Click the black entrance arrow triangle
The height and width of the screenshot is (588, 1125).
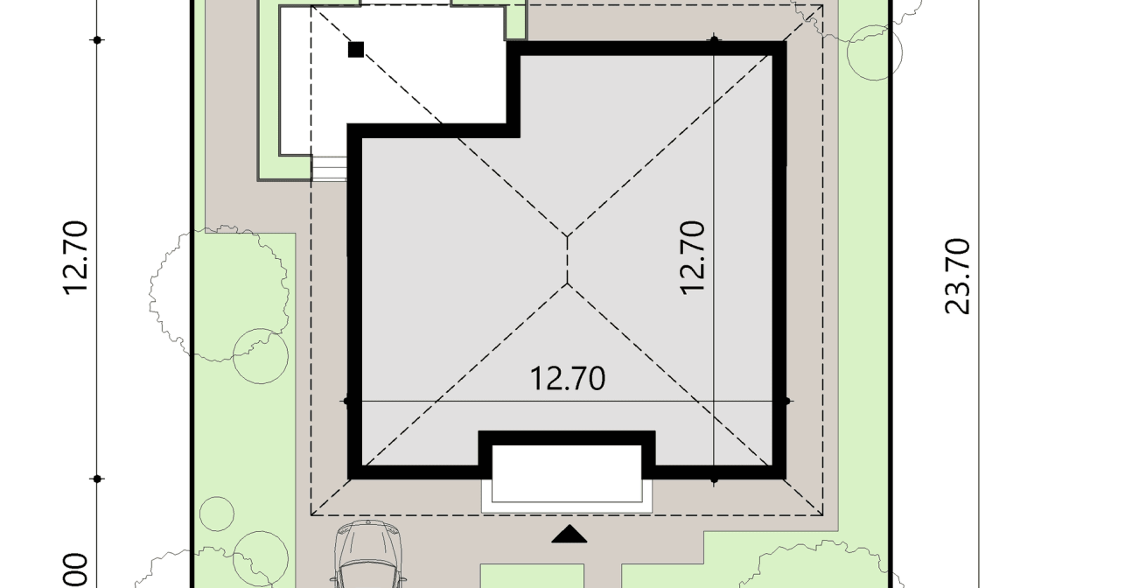tap(569, 535)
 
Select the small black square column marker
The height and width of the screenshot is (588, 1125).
tap(356, 50)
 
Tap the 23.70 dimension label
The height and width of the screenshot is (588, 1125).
tap(958, 276)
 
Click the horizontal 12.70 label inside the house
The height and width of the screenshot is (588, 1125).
tap(568, 379)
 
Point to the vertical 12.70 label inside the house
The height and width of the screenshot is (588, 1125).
tap(692, 256)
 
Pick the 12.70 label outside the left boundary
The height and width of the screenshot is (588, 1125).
tap(75, 257)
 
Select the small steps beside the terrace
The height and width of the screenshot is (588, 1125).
tap(330, 168)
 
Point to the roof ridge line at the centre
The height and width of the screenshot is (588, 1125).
tap(568, 260)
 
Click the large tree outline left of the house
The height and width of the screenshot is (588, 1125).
tap(219, 293)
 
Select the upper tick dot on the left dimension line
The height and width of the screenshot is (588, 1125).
tap(98, 40)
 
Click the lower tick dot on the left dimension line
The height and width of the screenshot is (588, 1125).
tap(98, 479)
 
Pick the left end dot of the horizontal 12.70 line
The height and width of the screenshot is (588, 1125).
tap(347, 402)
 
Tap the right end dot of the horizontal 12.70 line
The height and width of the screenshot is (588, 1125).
tap(787, 402)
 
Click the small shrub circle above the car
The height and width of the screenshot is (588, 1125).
tap(217, 514)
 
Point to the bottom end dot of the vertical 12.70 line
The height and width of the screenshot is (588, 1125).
tap(715, 479)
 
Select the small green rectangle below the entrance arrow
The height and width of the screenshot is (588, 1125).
tap(532, 576)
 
